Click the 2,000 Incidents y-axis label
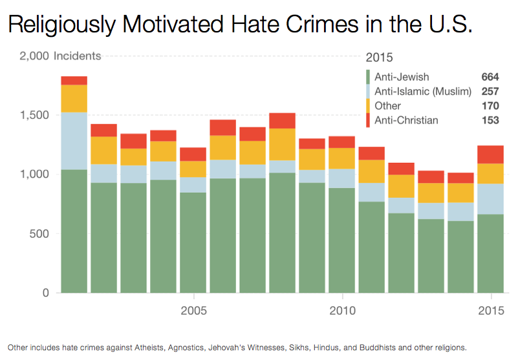(61, 56)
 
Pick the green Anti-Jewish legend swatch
(369, 78)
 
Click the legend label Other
(387, 106)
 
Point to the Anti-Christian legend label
(405, 120)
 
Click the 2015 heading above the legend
(379, 58)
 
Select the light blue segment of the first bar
(74, 141)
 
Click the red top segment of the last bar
(491, 154)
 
